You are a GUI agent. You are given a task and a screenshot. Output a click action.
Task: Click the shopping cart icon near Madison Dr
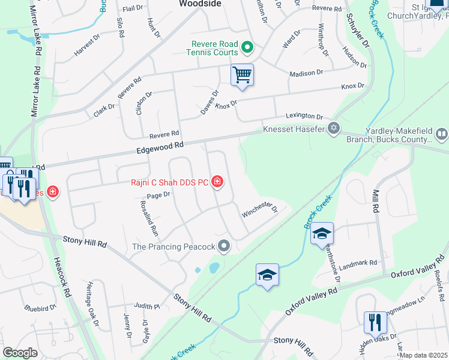(242, 75)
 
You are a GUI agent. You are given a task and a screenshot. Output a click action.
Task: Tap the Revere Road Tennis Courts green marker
(246, 47)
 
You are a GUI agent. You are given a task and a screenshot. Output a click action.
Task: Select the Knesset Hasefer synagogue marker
(334, 128)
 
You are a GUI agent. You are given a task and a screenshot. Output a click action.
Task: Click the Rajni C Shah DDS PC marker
(217, 181)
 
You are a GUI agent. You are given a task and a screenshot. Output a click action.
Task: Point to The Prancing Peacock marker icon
(224, 246)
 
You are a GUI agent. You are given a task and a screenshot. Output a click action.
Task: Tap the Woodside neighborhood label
(200, 4)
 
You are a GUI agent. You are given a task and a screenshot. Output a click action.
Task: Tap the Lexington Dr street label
(304, 116)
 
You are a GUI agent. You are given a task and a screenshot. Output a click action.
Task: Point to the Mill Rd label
(376, 203)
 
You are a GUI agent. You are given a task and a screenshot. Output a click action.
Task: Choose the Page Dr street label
(158, 194)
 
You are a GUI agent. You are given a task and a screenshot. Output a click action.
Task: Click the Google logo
(20, 353)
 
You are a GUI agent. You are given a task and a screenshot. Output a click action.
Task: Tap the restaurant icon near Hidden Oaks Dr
(375, 322)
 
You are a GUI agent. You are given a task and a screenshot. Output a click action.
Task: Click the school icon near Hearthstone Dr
(322, 233)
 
